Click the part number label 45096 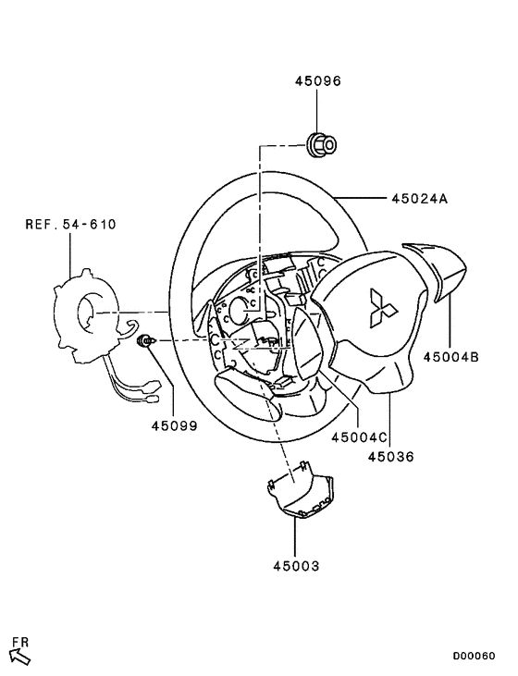[x=318, y=81]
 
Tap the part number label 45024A [x=419, y=198]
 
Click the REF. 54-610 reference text [x=71, y=225]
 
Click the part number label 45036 [x=390, y=456]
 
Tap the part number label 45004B [x=450, y=355]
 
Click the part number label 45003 [x=295, y=563]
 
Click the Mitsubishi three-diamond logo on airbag [x=381, y=308]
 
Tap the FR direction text [x=19, y=641]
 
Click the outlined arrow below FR [x=19, y=657]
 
